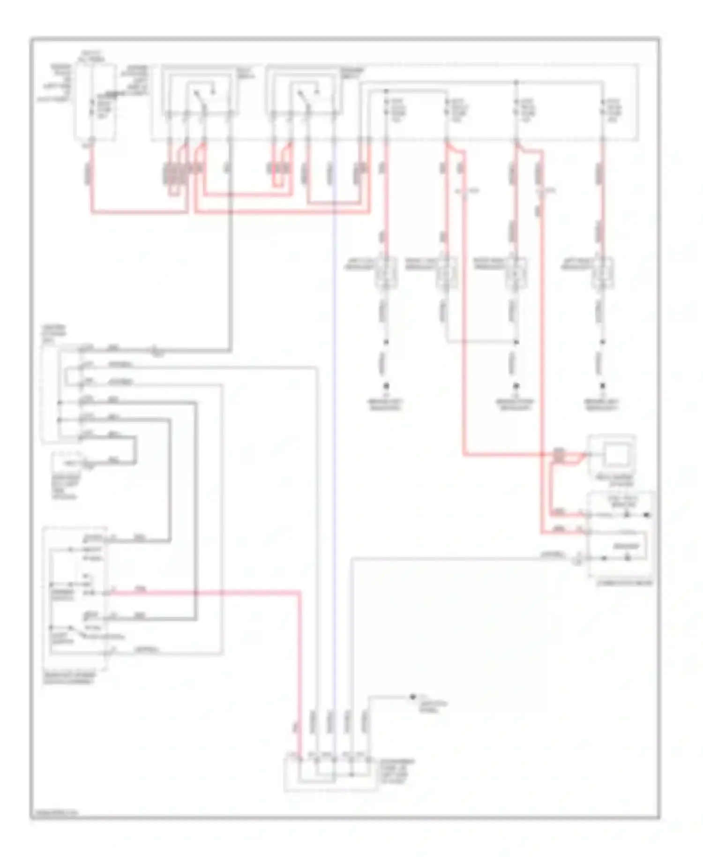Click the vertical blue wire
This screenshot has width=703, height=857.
334,422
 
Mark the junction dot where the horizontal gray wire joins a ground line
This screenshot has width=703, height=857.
516,342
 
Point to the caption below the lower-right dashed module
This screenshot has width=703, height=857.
623,583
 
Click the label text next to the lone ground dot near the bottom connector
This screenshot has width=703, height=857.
434,706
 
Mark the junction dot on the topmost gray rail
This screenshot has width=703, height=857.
516,83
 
